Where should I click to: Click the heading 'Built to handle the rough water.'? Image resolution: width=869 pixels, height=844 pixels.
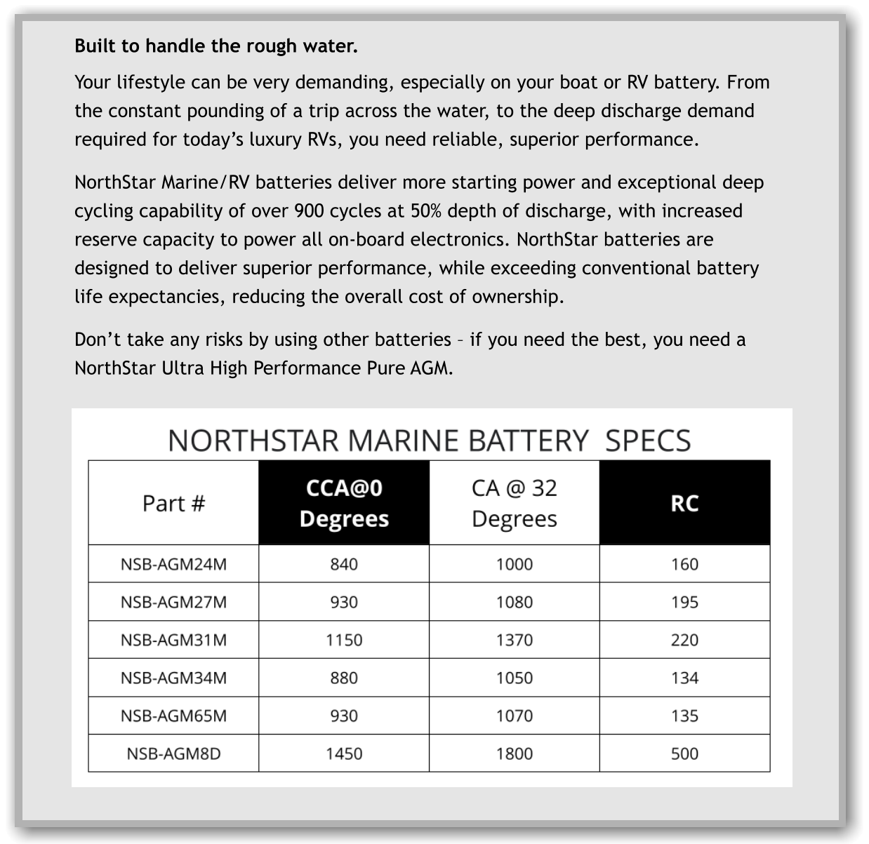point(216,46)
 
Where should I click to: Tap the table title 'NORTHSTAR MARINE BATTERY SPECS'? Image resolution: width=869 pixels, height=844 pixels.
point(430,441)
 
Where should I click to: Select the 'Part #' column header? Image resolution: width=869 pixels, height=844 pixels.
point(173,503)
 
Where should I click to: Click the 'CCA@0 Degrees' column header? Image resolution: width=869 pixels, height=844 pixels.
point(344,503)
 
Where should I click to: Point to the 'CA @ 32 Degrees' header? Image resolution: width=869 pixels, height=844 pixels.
point(515,503)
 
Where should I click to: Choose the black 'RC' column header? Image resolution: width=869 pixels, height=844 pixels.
point(684,503)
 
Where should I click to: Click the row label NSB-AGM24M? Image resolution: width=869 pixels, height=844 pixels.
point(173,564)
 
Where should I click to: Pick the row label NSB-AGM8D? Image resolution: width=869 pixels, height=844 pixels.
point(173,753)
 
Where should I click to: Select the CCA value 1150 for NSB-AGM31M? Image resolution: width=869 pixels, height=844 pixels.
point(344,640)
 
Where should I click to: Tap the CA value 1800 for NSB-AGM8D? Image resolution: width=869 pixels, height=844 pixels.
point(515,753)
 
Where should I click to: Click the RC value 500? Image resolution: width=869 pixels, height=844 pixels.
point(684,753)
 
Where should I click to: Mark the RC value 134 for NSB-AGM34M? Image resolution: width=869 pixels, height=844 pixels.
point(684,678)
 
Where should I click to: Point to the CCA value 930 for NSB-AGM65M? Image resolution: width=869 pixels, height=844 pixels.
point(344,716)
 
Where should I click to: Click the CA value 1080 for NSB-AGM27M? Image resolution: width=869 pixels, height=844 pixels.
point(515,602)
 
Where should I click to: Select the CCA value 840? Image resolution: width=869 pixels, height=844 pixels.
point(344,564)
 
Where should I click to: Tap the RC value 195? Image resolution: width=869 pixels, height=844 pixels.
point(684,602)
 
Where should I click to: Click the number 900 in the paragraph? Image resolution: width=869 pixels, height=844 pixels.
point(310,211)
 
